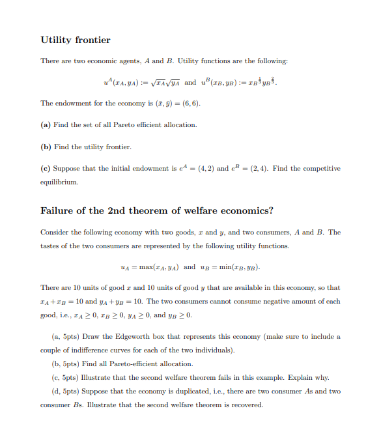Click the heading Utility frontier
76,40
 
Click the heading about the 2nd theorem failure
157,210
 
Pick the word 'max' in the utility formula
146,266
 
